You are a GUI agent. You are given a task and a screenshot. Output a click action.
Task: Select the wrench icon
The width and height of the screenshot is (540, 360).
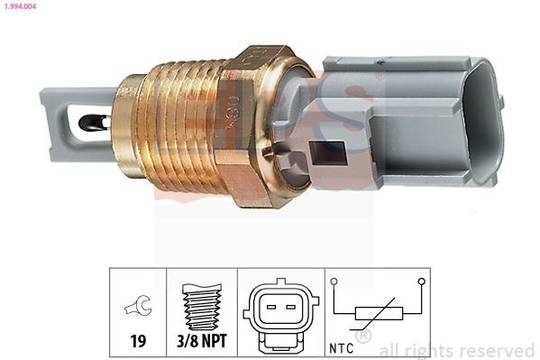tap(138, 307)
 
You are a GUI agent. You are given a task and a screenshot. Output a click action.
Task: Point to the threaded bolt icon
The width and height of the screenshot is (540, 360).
tap(201, 303)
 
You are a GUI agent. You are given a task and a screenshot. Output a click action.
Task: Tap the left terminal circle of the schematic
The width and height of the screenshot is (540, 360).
tap(334, 282)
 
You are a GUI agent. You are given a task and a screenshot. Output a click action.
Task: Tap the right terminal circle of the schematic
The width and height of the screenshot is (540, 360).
tap(420, 282)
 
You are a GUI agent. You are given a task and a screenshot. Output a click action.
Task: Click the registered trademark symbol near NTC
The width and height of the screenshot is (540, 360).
tap(362, 337)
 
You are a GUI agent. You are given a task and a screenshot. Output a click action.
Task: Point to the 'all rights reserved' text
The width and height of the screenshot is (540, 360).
tap(456, 350)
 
